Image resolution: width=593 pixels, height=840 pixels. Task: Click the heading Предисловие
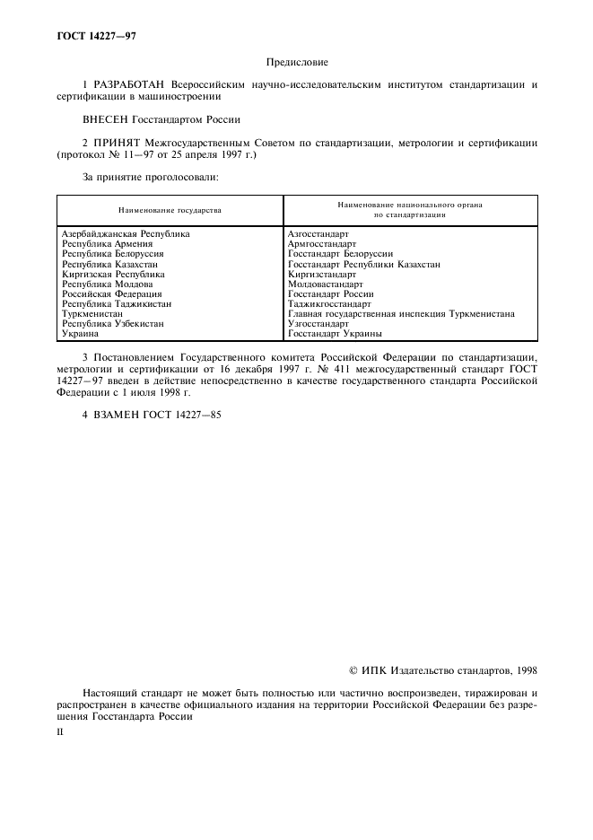(297, 62)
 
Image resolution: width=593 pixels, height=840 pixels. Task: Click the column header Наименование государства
(170, 209)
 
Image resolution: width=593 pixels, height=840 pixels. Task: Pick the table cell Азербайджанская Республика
(126, 233)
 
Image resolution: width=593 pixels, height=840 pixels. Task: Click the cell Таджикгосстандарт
(330, 304)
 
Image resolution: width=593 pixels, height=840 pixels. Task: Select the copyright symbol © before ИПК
(353, 669)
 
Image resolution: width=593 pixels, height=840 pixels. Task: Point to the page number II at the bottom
(59, 731)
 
